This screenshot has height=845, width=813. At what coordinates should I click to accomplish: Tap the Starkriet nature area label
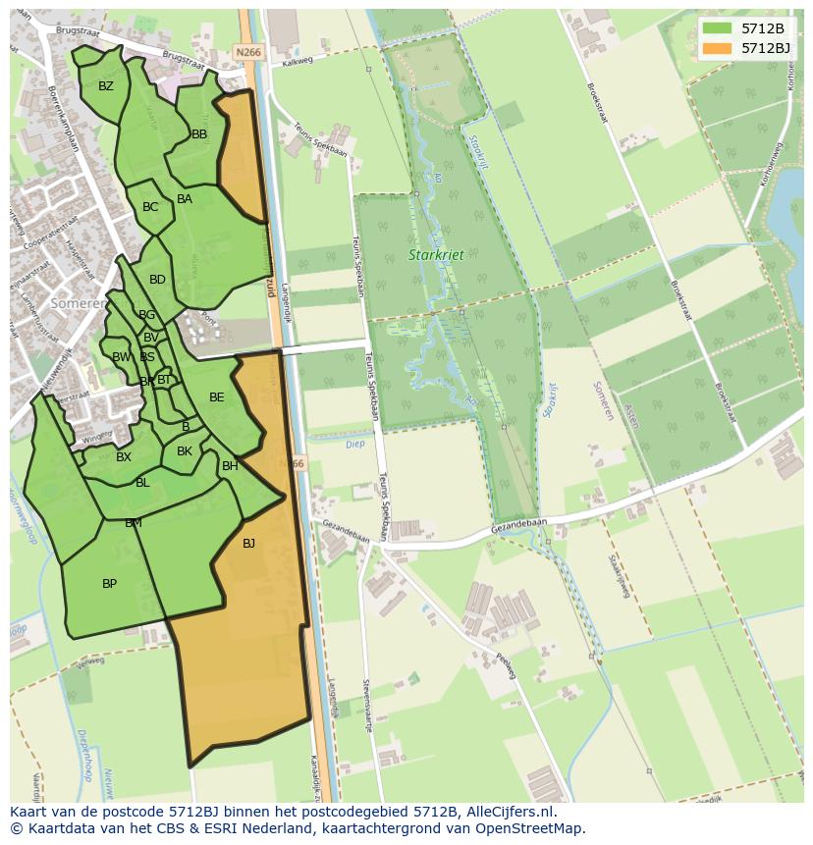(x=436, y=255)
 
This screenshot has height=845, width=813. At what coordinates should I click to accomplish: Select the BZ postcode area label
(x=106, y=86)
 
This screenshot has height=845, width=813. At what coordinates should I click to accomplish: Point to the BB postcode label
(x=199, y=134)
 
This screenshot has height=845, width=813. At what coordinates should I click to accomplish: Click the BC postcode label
(x=150, y=207)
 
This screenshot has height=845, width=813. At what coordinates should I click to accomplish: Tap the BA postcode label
(x=185, y=199)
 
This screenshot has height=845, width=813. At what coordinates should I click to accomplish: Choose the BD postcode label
(x=157, y=280)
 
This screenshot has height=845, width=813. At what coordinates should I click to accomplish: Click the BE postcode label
(x=217, y=397)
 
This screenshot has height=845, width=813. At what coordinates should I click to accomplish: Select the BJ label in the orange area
(x=248, y=543)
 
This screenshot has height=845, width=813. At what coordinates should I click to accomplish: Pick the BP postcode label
(x=110, y=584)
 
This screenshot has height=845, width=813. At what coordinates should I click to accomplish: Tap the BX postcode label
(x=124, y=457)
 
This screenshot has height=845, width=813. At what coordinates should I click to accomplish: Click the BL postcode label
(x=142, y=483)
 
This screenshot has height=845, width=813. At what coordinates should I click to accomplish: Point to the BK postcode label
(x=185, y=451)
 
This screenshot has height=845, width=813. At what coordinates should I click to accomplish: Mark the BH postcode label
(x=230, y=466)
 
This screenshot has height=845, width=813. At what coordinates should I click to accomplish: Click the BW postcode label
(x=121, y=357)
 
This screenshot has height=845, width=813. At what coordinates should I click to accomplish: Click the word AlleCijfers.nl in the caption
(x=510, y=812)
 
